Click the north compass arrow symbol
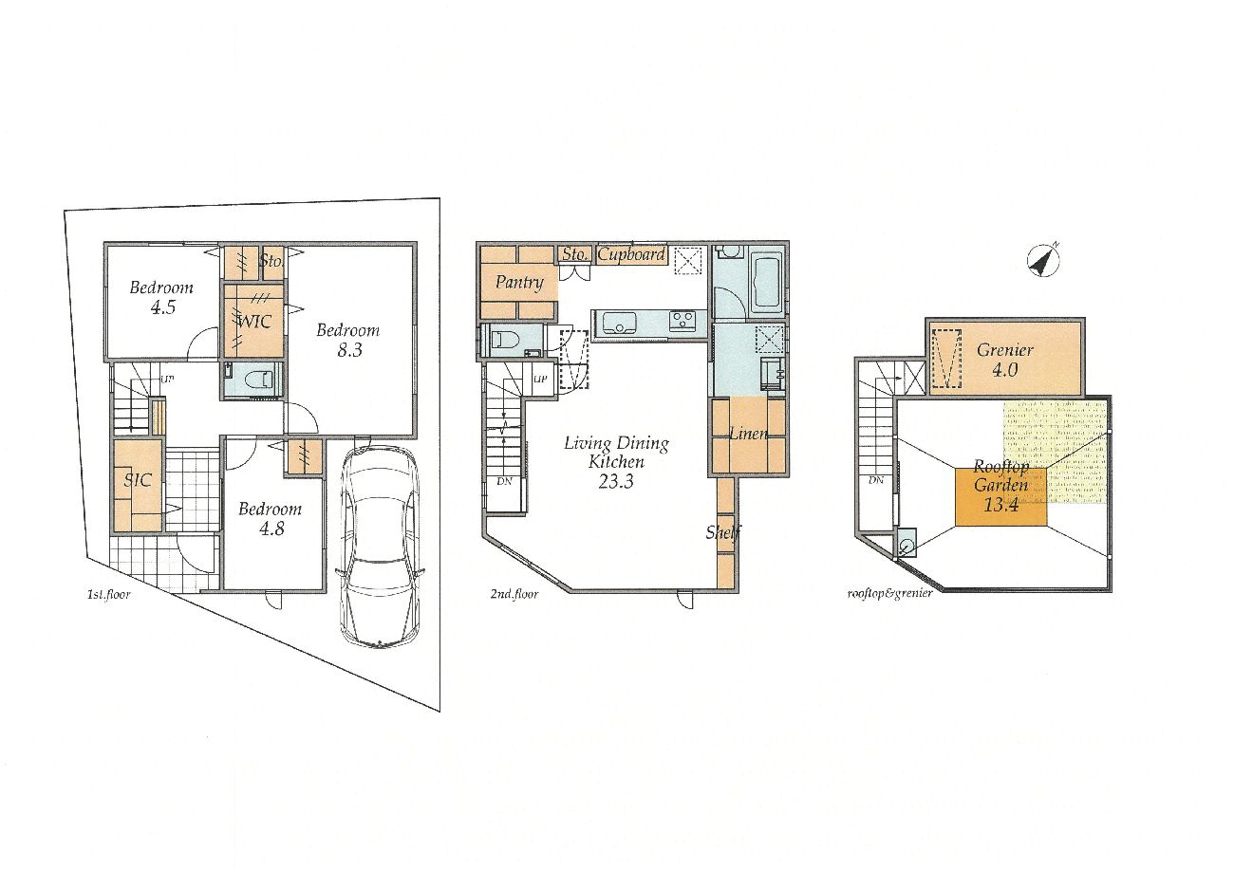coord(1043,260)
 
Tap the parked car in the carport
coord(380,546)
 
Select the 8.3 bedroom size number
coord(349,350)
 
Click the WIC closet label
coord(254,322)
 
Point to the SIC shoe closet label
coord(138,480)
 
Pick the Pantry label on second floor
coord(519,283)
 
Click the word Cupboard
coord(631,255)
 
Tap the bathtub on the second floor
coord(767,286)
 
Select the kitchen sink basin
coord(620,322)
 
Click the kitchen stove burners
coord(682,321)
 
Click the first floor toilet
coord(258,380)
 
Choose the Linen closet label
coord(749,434)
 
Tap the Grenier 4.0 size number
coord(1004,369)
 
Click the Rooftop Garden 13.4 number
coord(1001,505)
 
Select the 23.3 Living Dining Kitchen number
coord(615,482)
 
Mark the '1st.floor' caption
coord(108,595)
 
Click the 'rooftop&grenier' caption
coord(889,593)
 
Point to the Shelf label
coord(723,532)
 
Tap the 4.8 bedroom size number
coord(271,529)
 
